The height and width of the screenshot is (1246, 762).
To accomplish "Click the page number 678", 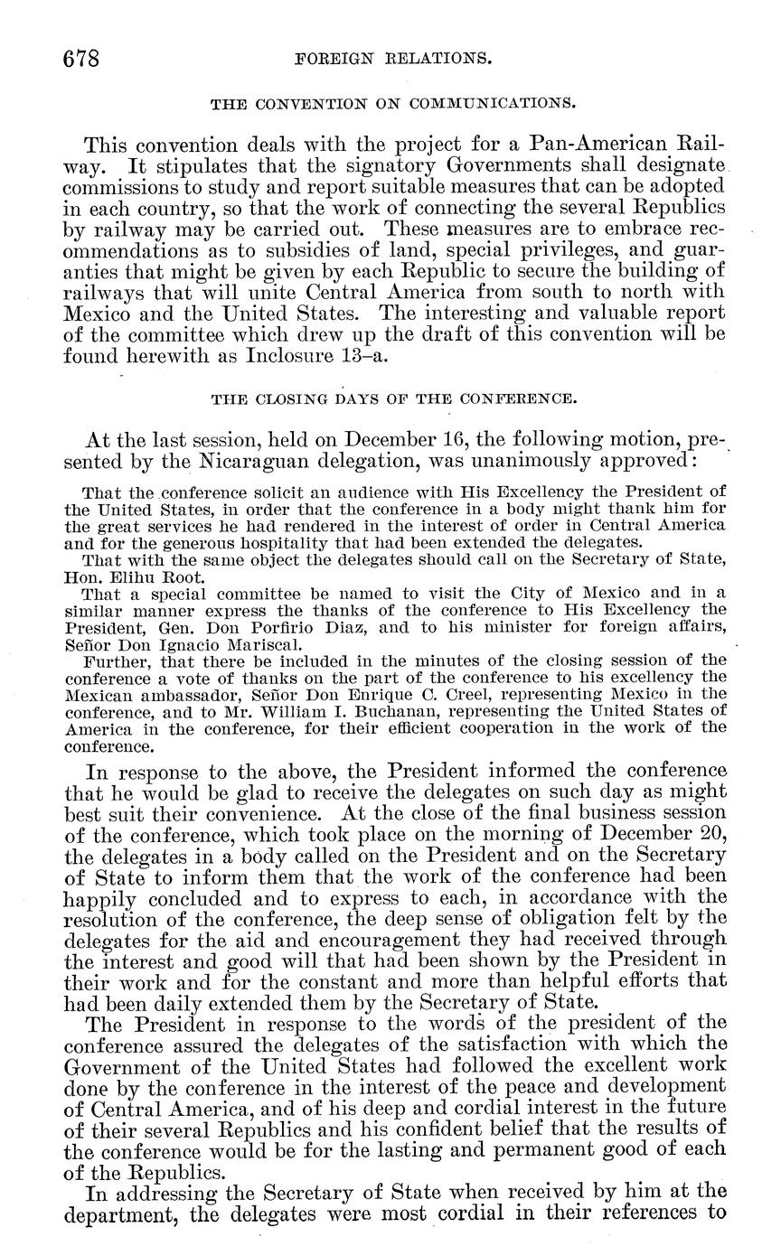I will pyautogui.click(x=80, y=61).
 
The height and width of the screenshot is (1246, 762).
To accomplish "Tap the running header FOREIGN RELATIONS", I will pyautogui.click(x=394, y=61).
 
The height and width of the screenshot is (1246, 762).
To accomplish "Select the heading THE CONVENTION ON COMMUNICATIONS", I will pyautogui.click(x=392, y=105).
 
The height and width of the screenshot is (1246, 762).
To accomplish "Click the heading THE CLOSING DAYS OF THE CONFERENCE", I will pyautogui.click(x=392, y=398).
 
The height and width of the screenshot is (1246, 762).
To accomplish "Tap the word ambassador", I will pyautogui.click(x=173, y=694).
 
